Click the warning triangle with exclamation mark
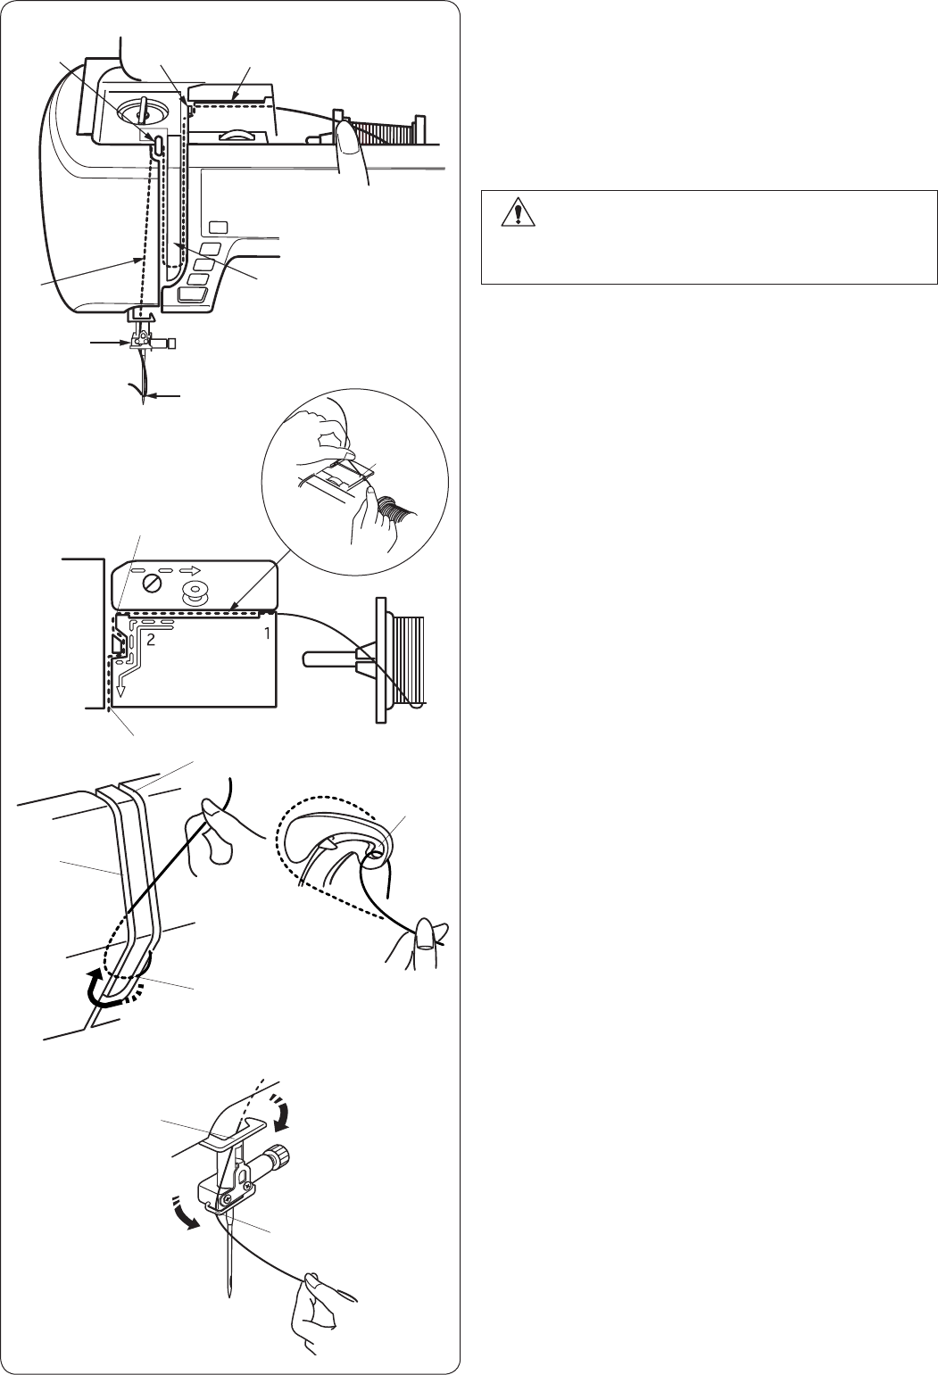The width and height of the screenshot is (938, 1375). click(519, 211)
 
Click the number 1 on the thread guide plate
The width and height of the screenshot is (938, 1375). click(267, 634)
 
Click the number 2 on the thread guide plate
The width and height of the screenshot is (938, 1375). click(151, 640)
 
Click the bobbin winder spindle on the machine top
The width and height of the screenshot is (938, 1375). click(141, 109)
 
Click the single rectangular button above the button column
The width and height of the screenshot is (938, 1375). click(217, 228)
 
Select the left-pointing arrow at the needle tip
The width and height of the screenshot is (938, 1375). click(163, 396)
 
